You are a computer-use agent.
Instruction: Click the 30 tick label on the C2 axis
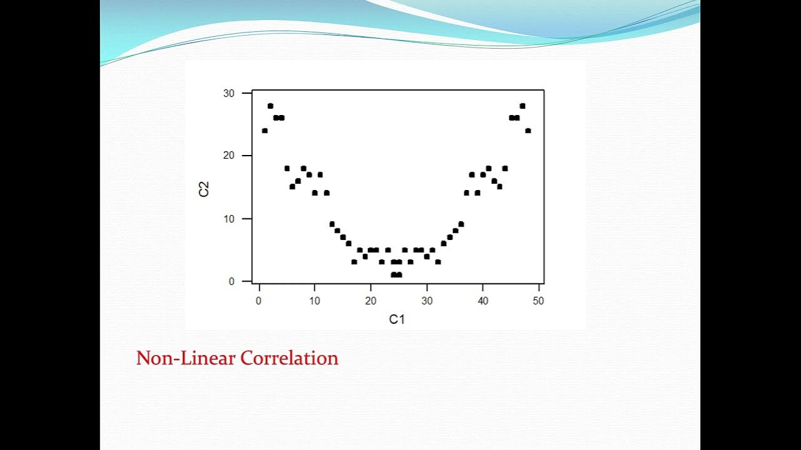tap(229, 93)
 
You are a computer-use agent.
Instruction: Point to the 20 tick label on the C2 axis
tap(229, 156)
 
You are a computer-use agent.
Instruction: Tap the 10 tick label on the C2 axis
tap(229, 219)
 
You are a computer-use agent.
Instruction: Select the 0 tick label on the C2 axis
tap(232, 282)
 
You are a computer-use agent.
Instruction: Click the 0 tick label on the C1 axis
tap(258, 301)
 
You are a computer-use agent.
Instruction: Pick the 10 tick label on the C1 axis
tap(315, 301)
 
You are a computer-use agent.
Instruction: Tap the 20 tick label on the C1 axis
tap(370, 301)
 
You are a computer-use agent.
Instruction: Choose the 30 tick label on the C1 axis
tap(427, 301)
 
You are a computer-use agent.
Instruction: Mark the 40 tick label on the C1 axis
tap(483, 301)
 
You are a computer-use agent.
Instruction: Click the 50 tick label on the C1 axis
tap(539, 301)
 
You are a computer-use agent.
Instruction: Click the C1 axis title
tap(397, 319)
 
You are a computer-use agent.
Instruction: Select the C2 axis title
tap(203, 188)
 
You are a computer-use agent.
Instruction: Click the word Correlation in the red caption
tap(290, 358)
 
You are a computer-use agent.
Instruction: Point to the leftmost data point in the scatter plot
tap(265, 131)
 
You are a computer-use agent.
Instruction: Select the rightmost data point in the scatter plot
tap(528, 131)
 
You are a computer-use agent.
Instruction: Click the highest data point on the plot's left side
tap(270, 106)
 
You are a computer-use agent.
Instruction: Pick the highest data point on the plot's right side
tap(523, 106)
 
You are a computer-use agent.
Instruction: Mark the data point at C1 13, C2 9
tap(332, 224)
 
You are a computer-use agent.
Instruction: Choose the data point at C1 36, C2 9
tap(461, 224)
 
